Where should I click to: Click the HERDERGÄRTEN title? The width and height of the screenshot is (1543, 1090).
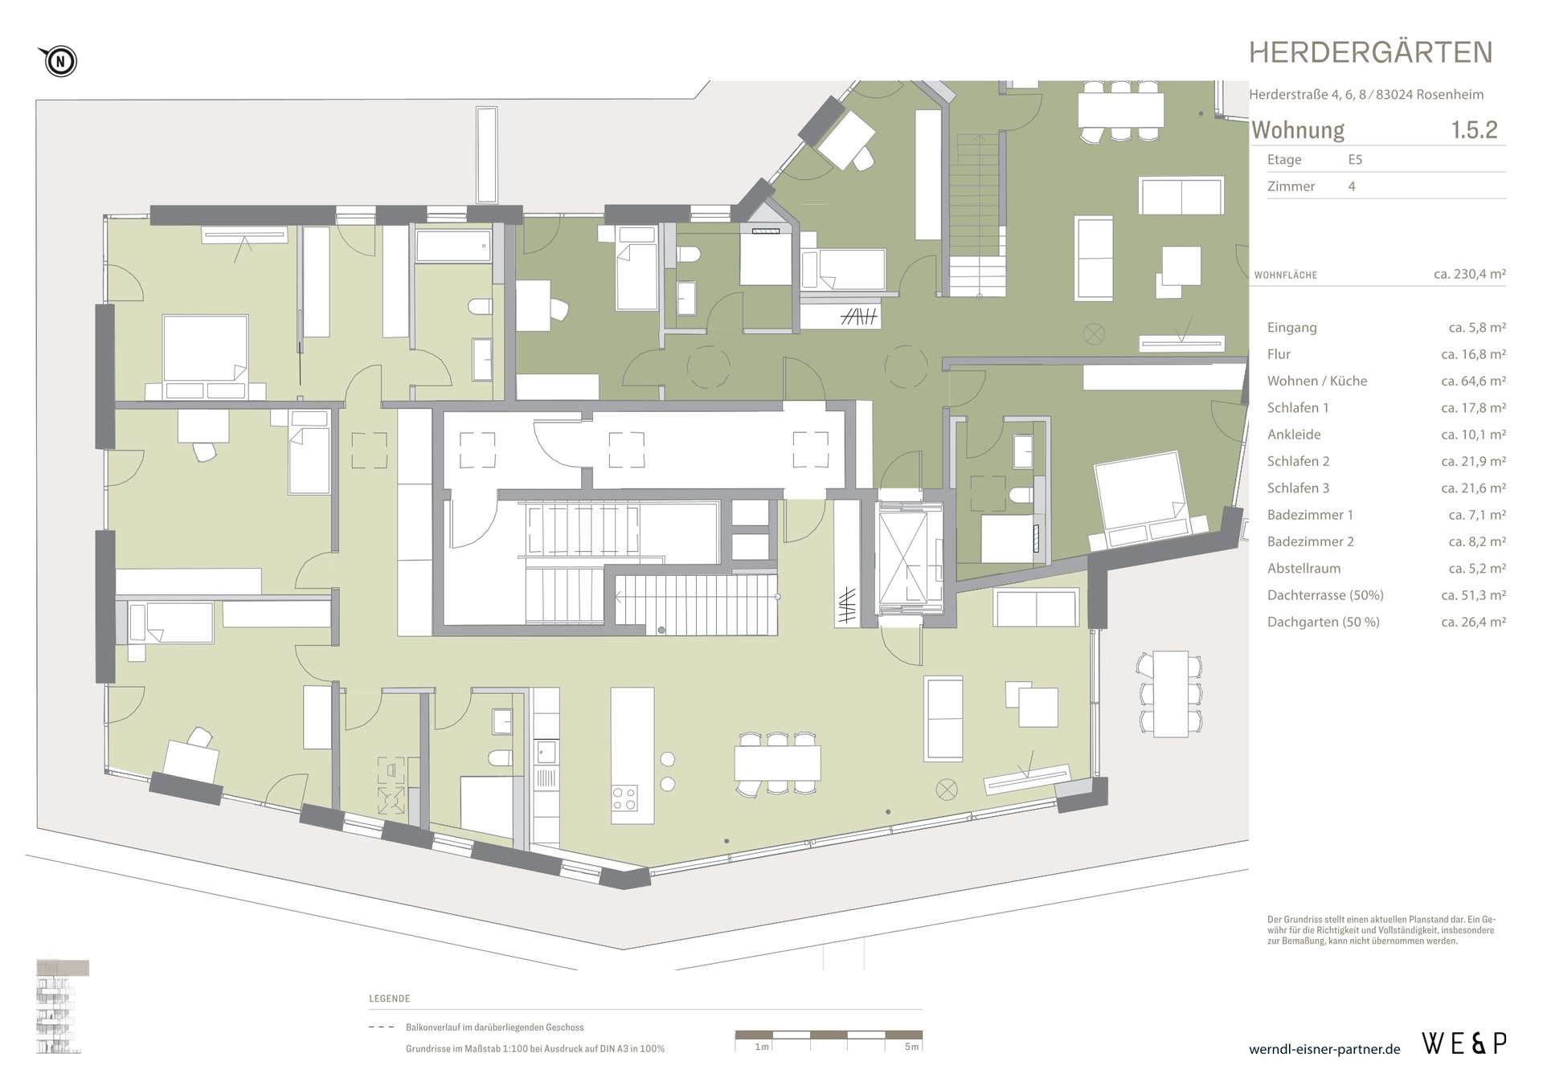[x=1370, y=53]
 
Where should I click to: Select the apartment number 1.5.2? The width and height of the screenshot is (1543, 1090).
[x=1474, y=130]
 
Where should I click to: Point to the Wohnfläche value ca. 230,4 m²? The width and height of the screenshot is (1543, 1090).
[x=1469, y=274]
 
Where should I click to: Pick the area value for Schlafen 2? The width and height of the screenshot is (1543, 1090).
[x=1473, y=461]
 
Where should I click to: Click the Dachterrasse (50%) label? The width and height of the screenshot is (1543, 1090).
[x=1325, y=595]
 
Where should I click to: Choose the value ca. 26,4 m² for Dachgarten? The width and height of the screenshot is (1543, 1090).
[x=1473, y=622]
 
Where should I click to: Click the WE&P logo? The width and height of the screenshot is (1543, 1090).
[x=1463, y=1043]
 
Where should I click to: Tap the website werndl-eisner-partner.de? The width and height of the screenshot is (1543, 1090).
[x=1324, y=1049]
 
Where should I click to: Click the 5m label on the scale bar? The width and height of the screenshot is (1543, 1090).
[x=911, y=1047]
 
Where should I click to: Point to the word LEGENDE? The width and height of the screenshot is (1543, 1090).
[x=390, y=998]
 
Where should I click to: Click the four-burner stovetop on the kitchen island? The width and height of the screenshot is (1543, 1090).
[x=625, y=798]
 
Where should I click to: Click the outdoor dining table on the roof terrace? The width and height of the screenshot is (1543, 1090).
[x=1170, y=693]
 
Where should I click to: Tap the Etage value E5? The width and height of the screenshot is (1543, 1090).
[x=1355, y=159]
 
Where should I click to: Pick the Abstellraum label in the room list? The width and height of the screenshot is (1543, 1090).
[x=1304, y=568]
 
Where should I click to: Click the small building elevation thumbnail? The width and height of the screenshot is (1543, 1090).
[x=62, y=1006]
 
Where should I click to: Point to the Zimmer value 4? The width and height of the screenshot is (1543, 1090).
[x=1352, y=186]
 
